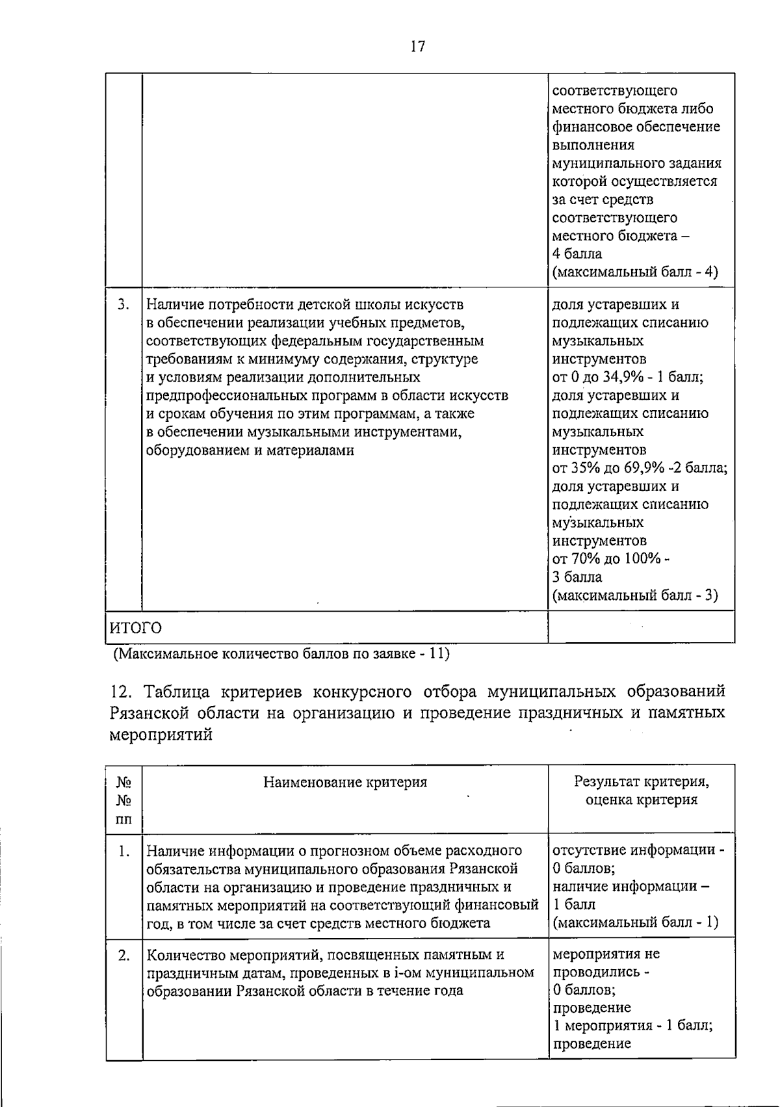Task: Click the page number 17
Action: click(418, 47)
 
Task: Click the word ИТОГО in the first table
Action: click(135, 628)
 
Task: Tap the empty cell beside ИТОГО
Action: click(641, 627)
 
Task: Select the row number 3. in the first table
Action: click(123, 304)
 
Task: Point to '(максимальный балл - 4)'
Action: click(635, 272)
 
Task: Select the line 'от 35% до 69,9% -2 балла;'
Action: click(640, 468)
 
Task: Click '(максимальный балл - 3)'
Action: click(635, 595)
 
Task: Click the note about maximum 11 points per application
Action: click(281, 653)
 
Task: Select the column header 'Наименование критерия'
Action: click(345, 782)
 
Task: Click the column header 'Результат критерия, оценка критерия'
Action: click(641, 790)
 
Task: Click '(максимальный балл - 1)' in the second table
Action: click(635, 922)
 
